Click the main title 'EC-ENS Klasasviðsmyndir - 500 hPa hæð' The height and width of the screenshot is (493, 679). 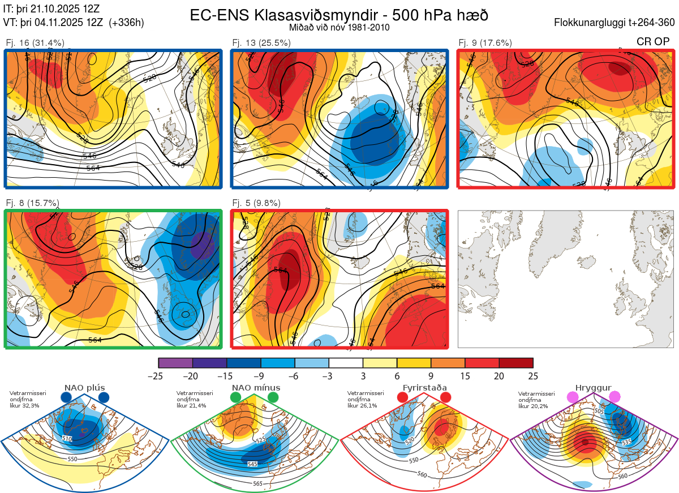tap(339, 15)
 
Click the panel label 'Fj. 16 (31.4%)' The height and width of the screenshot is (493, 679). tap(35, 42)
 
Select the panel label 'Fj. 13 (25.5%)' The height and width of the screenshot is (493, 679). tap(261, 42)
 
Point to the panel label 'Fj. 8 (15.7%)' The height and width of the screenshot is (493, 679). tap(33, 203)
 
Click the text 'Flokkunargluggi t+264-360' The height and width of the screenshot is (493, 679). tap(616, 23)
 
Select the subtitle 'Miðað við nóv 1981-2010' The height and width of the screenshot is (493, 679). tap(339, 27)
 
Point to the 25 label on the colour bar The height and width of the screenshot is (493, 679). tap(532, 376)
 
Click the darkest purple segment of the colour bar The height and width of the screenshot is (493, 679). tap(176, 363)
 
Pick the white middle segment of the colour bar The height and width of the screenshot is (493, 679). tap(346, 363)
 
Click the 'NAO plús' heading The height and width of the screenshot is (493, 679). tap(85, 388)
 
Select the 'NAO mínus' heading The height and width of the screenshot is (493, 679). tap(256, 388)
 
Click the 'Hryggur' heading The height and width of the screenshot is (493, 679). tap(593, 388)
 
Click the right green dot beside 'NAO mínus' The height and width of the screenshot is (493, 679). tap(273, 398)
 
